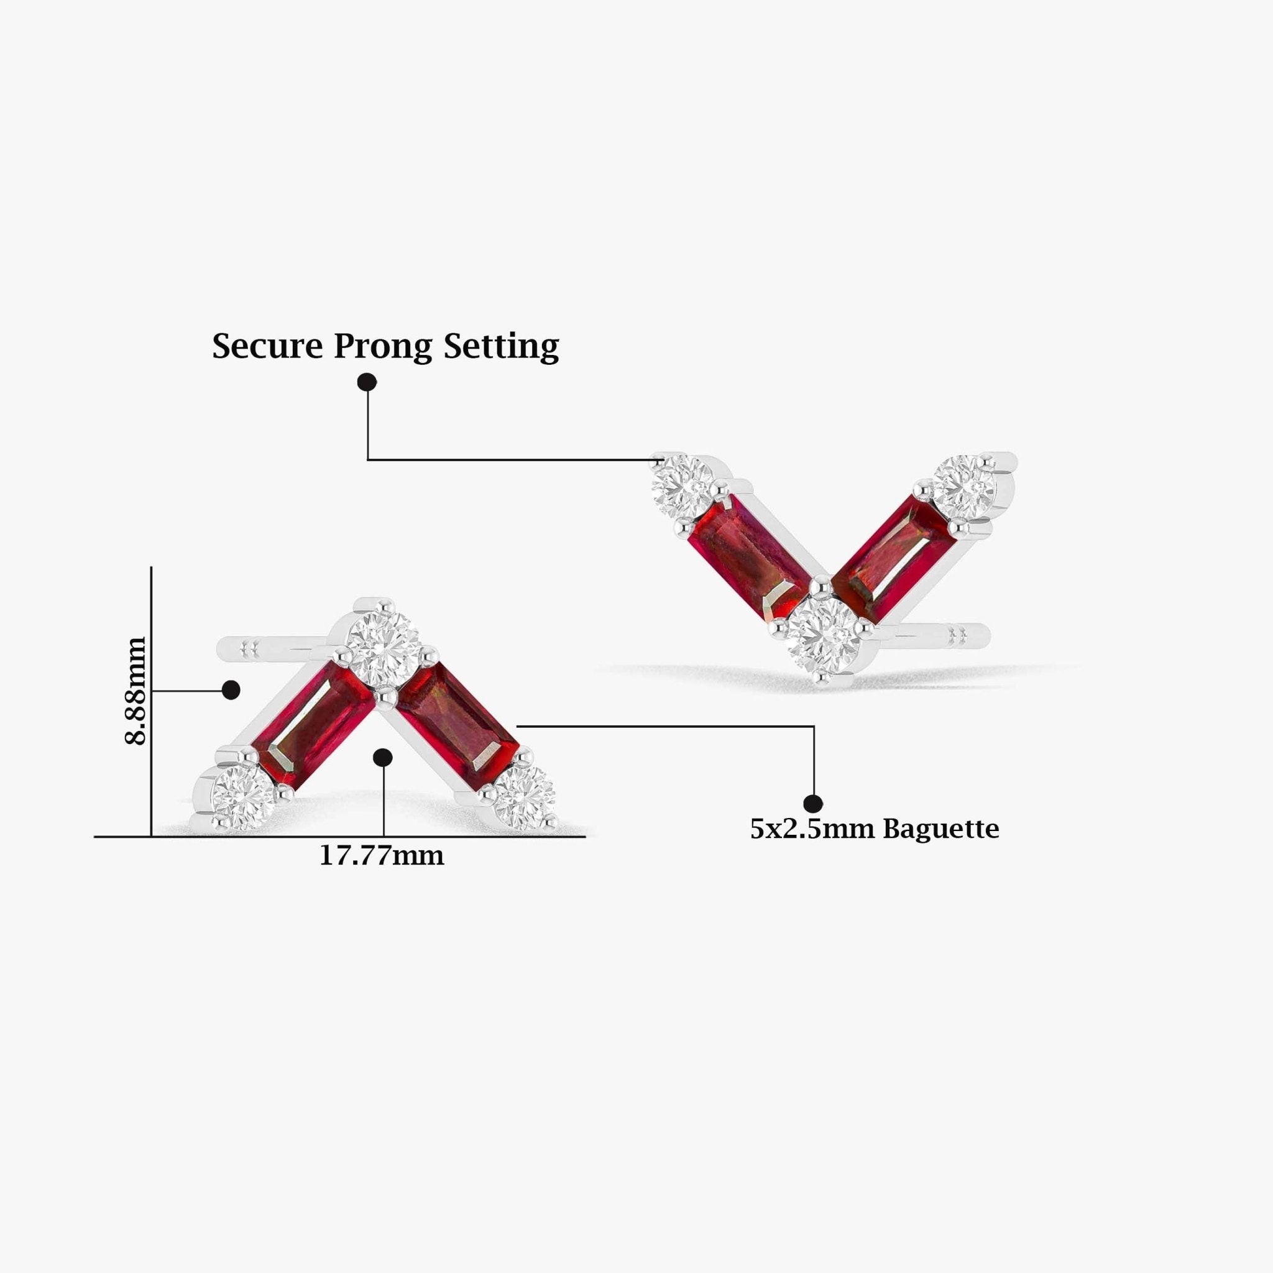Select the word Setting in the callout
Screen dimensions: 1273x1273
(501, 347)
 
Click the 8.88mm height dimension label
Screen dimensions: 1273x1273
(136, 690)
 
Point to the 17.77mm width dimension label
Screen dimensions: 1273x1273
(382, 856)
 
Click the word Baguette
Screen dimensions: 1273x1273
(941, 829)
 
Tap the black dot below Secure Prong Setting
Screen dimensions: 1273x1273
(367, 382)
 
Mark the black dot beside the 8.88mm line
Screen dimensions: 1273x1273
(231, 691)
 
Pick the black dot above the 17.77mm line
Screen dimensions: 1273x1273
(383, 758)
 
